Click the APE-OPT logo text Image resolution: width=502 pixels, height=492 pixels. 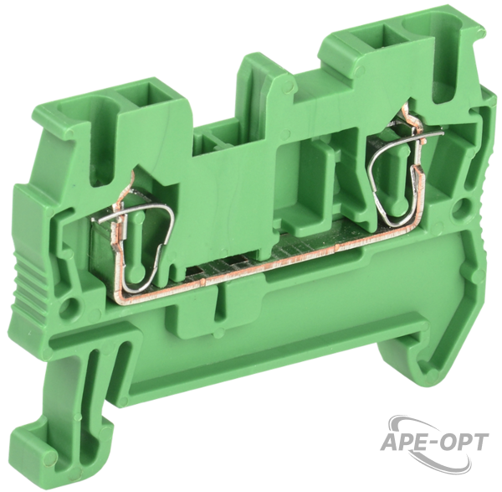tap(433, 443)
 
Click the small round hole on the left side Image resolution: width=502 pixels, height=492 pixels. tap(71, 303)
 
